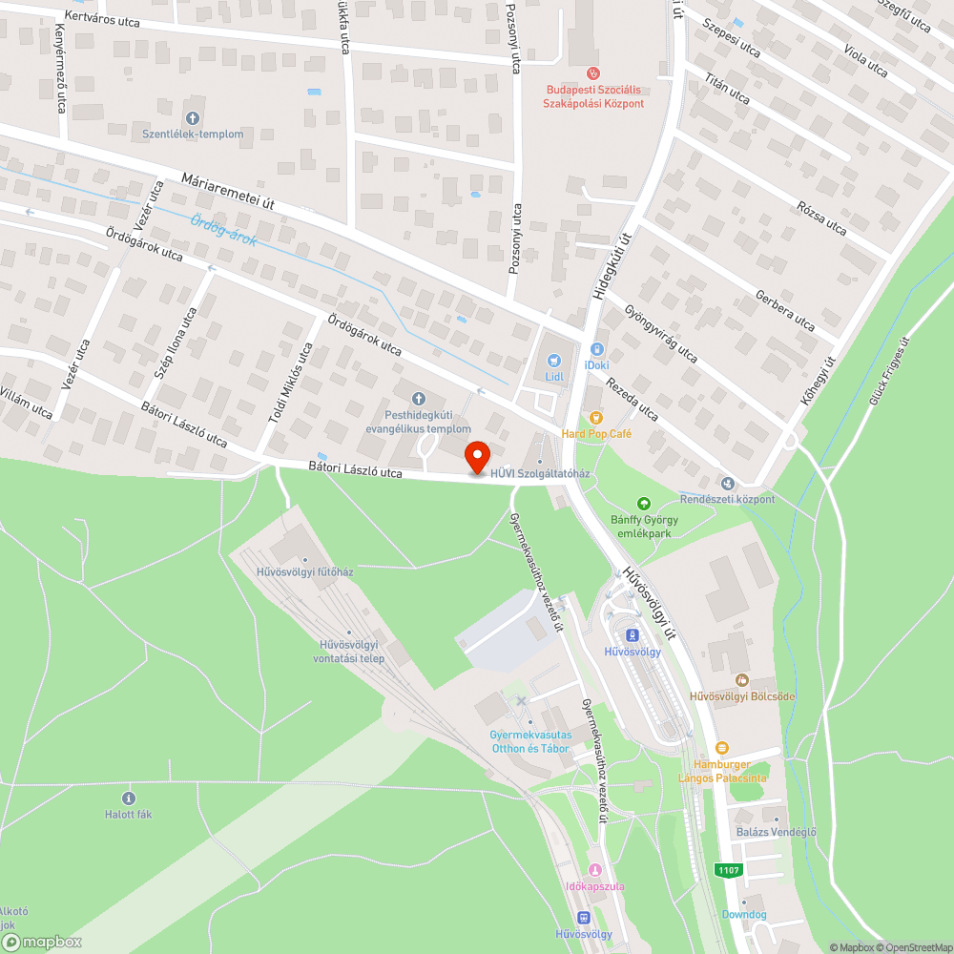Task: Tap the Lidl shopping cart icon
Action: [x=554, y=360]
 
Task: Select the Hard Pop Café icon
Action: [x=596, y=417]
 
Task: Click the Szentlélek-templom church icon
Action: [x=193, y=118]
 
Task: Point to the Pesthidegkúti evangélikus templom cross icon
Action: [x=417, y=398]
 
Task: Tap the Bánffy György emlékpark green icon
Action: [x=644, y=503]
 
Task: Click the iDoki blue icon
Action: [x=597, y=349]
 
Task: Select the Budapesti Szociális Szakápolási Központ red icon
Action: [x=592, y=73]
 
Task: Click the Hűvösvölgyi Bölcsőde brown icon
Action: [x=741, y=679]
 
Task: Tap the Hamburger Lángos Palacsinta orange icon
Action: [x=722, y=749]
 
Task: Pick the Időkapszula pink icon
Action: [x=595, y=870]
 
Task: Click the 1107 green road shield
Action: [x=729, y=870]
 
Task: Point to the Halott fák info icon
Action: [x=128, y=798]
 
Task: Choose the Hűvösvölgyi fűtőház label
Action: [x=305, y=572]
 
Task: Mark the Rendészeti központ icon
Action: [x=728, y=483]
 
